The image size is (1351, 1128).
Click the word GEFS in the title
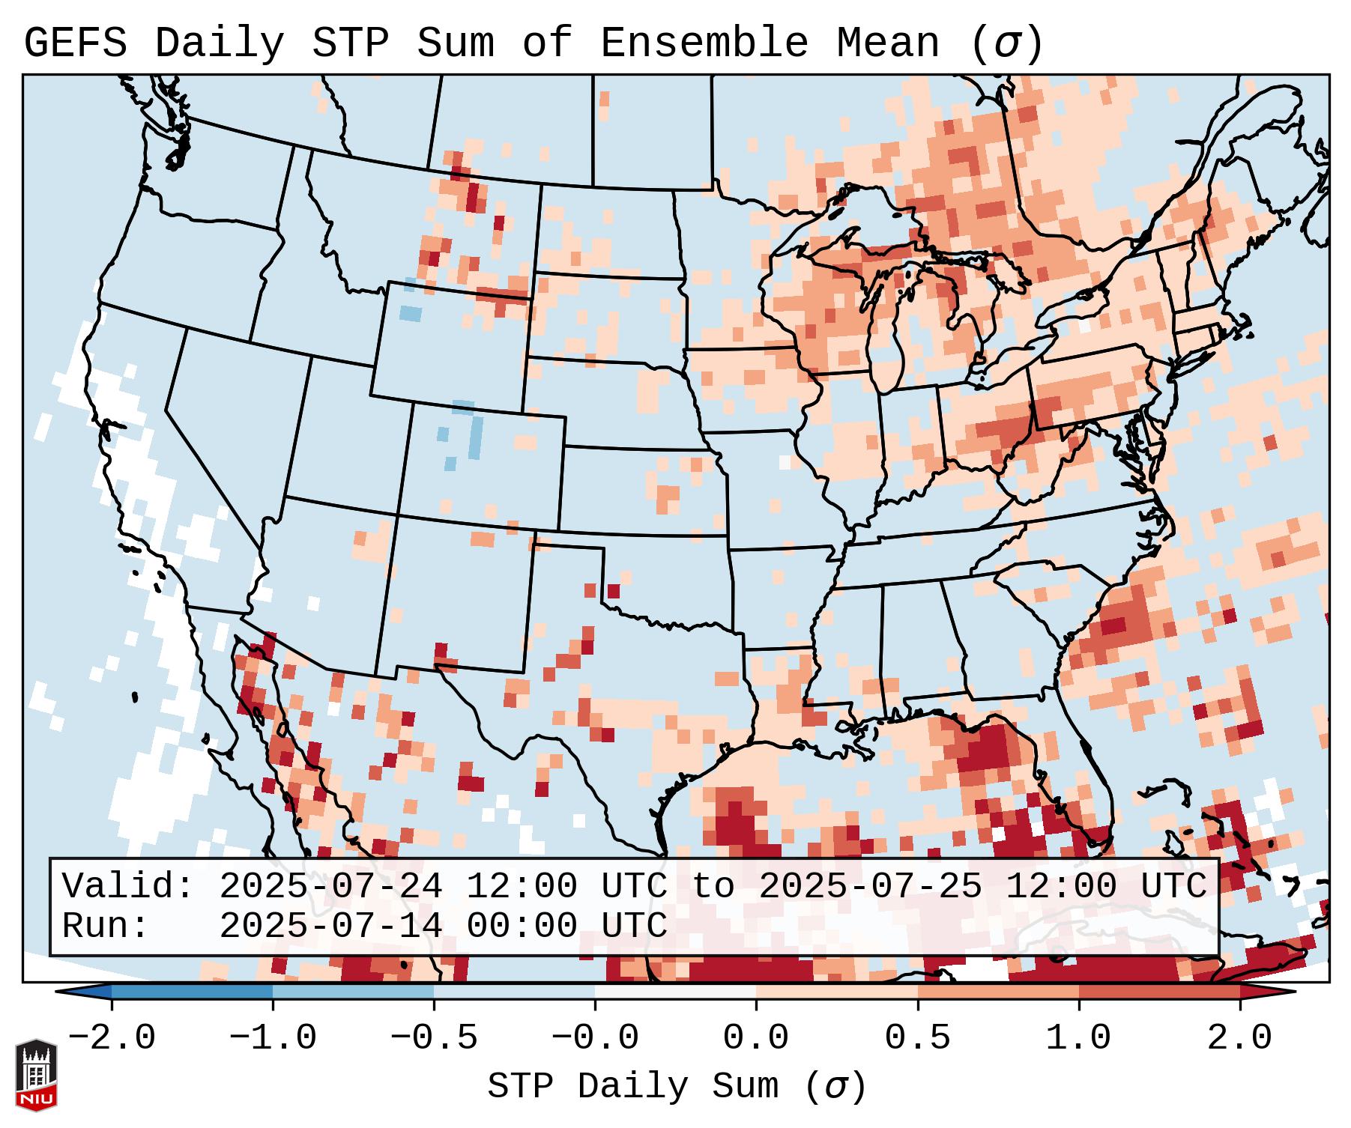pos(75,43)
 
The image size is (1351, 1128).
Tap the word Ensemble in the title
pos(704,43)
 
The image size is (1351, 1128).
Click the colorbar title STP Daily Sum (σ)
pos(677,1087)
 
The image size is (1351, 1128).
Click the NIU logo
pos(36,1075)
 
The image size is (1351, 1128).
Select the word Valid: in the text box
pos(128,886)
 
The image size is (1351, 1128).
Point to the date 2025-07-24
pos(330,886)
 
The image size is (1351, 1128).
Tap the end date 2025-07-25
pos(870,886)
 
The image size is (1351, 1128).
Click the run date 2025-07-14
pos(330,927)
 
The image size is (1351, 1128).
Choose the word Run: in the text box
pos(106,927)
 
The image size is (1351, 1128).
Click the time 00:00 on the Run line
pos(522,927)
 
